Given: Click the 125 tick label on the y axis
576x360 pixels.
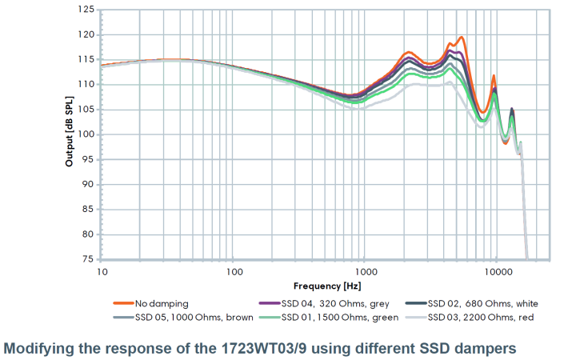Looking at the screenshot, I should click(x=87, y=10).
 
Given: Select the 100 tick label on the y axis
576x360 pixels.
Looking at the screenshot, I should click(x=87, y=134).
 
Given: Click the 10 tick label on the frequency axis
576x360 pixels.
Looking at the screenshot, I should click(x=102, y=272).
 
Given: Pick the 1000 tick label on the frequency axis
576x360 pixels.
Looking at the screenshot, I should click(x=364, y=272).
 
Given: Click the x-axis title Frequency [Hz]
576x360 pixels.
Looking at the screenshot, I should click(x=326, y=286).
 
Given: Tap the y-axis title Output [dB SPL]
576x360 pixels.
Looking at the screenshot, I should click(x=70, y=134).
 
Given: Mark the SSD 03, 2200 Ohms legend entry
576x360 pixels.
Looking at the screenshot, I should click(x=476, y=318).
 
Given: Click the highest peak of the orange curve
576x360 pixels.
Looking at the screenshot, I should click(x=461, y=37).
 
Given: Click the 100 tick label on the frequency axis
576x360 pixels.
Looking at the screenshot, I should click(x=234, y=272).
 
